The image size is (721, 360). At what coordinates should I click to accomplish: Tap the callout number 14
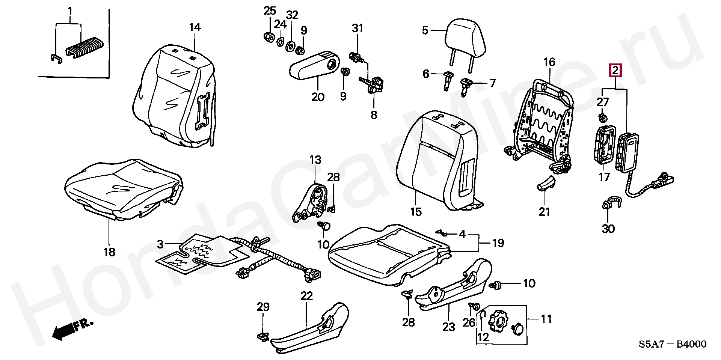coord(195,27)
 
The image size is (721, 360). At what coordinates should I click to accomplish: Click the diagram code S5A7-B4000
coord(672,344)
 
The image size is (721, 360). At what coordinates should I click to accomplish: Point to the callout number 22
coord(306,296)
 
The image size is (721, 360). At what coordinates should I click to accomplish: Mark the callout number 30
coord(608,228)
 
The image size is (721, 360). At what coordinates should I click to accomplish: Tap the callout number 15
coord(416,212)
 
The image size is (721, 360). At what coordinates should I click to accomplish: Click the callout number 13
coord(315,160)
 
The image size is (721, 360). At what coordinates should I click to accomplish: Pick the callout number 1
coord(70,12)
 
